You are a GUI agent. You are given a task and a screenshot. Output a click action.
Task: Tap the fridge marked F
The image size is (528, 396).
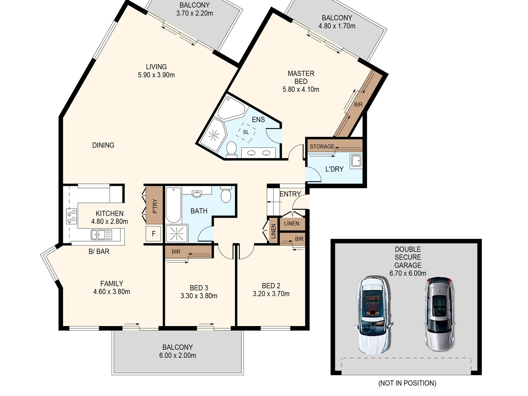pyautogui.click(x=153, y=233)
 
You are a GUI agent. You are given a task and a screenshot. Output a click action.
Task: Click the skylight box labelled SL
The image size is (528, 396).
pyautogui.click(x=246, y=132)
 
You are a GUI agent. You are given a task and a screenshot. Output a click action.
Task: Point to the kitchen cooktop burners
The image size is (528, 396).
pyautogui.click(x=72, y=216)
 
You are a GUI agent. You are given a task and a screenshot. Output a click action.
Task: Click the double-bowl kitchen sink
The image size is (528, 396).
pyautogui.click(x=101, y=235)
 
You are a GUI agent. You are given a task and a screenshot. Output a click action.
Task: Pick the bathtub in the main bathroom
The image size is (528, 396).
pyautogui.click(x=173, y=205)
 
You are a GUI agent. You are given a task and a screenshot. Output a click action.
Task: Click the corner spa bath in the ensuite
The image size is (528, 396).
pyautogui.click(x=231, y=108)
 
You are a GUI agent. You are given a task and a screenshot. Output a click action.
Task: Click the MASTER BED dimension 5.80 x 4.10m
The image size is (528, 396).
pyautogui.click(x=301, y=89)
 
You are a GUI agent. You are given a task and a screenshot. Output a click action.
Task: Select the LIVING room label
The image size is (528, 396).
pyautogui.click(x=156, y=67)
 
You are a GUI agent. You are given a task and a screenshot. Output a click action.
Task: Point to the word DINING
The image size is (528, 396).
pyautogui.click(x=103, y=145)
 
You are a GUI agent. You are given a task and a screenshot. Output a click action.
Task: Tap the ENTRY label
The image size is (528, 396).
pyautogui.click(x=290, y=194)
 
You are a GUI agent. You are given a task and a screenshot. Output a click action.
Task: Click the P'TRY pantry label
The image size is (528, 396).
pyautogui.click(x=155, y=206)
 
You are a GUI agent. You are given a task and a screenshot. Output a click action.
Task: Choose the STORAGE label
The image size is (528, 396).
pyautogui.click(x=322, y=147)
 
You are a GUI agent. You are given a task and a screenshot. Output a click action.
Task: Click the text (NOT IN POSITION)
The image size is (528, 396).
pyautogui.click(x=407, y=383)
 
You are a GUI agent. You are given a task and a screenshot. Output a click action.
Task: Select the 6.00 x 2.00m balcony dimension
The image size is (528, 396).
pyautogui.click(x=178, y=355)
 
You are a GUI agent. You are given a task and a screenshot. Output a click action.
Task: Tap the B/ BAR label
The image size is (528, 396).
pyautogui.click(x=99, y=251)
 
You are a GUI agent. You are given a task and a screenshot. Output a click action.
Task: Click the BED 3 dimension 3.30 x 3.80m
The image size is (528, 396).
pyautogui.click(x=199, y=296)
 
